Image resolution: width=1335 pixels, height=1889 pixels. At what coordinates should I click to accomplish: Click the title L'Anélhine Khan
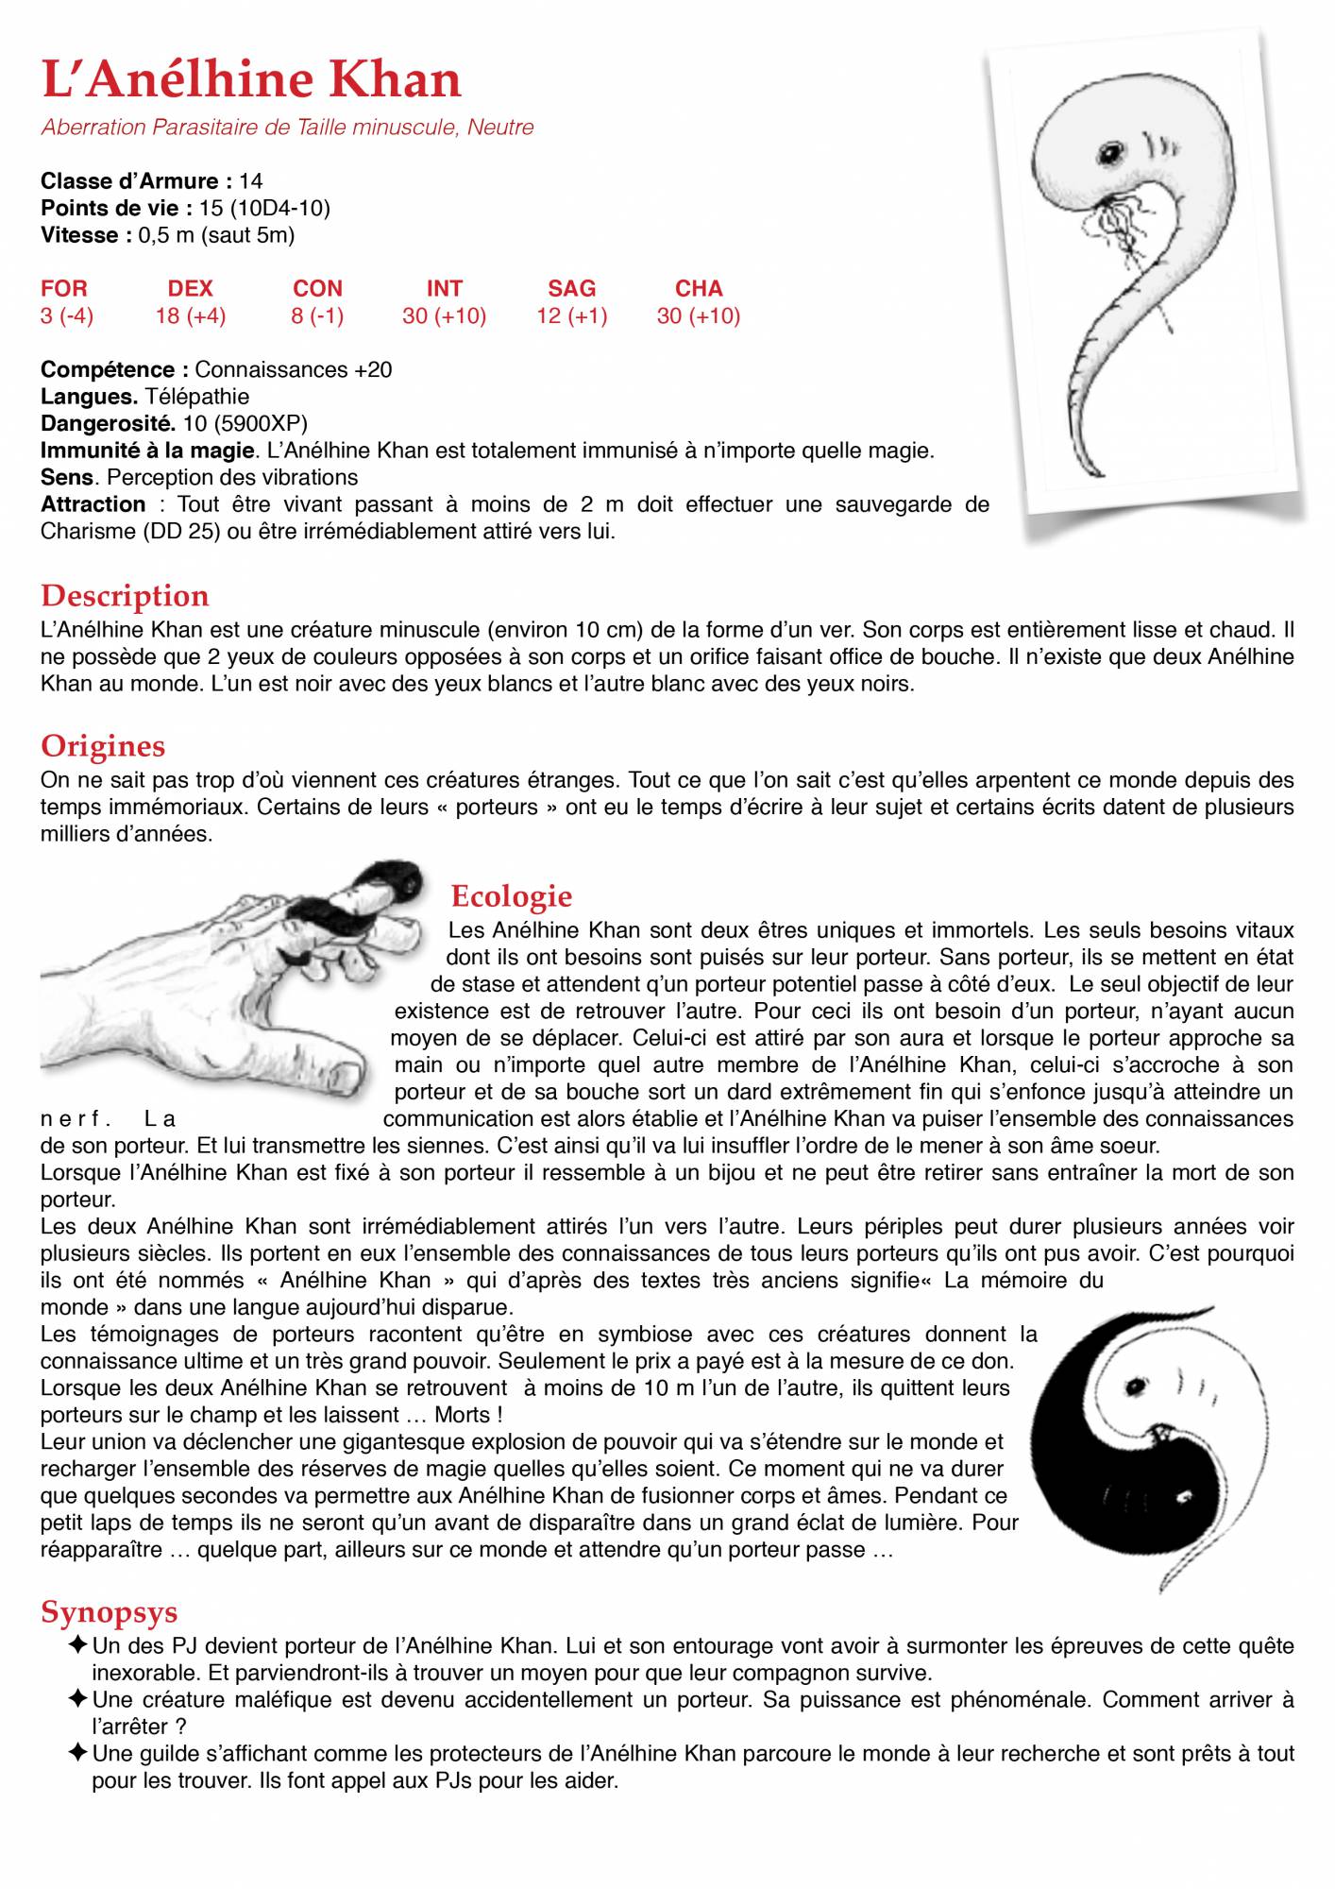[x=251, y=79]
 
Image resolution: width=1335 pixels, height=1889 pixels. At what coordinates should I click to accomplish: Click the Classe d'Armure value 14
[x=251, y=180]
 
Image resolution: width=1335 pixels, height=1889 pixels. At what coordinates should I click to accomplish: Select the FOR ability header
[x=64, y=288]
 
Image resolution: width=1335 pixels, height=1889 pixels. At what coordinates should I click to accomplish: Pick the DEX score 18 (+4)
[x=191, y=315]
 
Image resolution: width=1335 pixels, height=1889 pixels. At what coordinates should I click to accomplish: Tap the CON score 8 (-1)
[x=317, y=315]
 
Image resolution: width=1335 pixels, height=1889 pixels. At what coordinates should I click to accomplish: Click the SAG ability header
[x=571, y=288]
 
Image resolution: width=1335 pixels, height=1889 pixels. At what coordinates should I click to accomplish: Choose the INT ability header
[x=444, y=288]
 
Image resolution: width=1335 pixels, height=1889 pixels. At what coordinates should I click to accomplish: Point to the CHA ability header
[x=699, y=288]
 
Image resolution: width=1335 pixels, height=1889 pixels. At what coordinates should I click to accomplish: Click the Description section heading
[x=125, y=596]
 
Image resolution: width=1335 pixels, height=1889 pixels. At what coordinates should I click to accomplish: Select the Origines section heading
[x=103, y=746]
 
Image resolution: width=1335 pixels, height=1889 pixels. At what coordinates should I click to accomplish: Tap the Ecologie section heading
[x=512, y=895]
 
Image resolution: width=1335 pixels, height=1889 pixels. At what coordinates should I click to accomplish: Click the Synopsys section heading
[x=110, y=1612]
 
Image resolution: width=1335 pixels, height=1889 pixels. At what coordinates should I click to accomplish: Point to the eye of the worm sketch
[x=1111, y=151]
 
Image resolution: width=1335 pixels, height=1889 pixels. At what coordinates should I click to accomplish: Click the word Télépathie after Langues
[x=196, y=397]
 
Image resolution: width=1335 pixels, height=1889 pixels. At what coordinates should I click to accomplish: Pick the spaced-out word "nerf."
[x=76, y=1120]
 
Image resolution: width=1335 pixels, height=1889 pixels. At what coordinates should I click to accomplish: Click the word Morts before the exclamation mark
[x=462, y=1416]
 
